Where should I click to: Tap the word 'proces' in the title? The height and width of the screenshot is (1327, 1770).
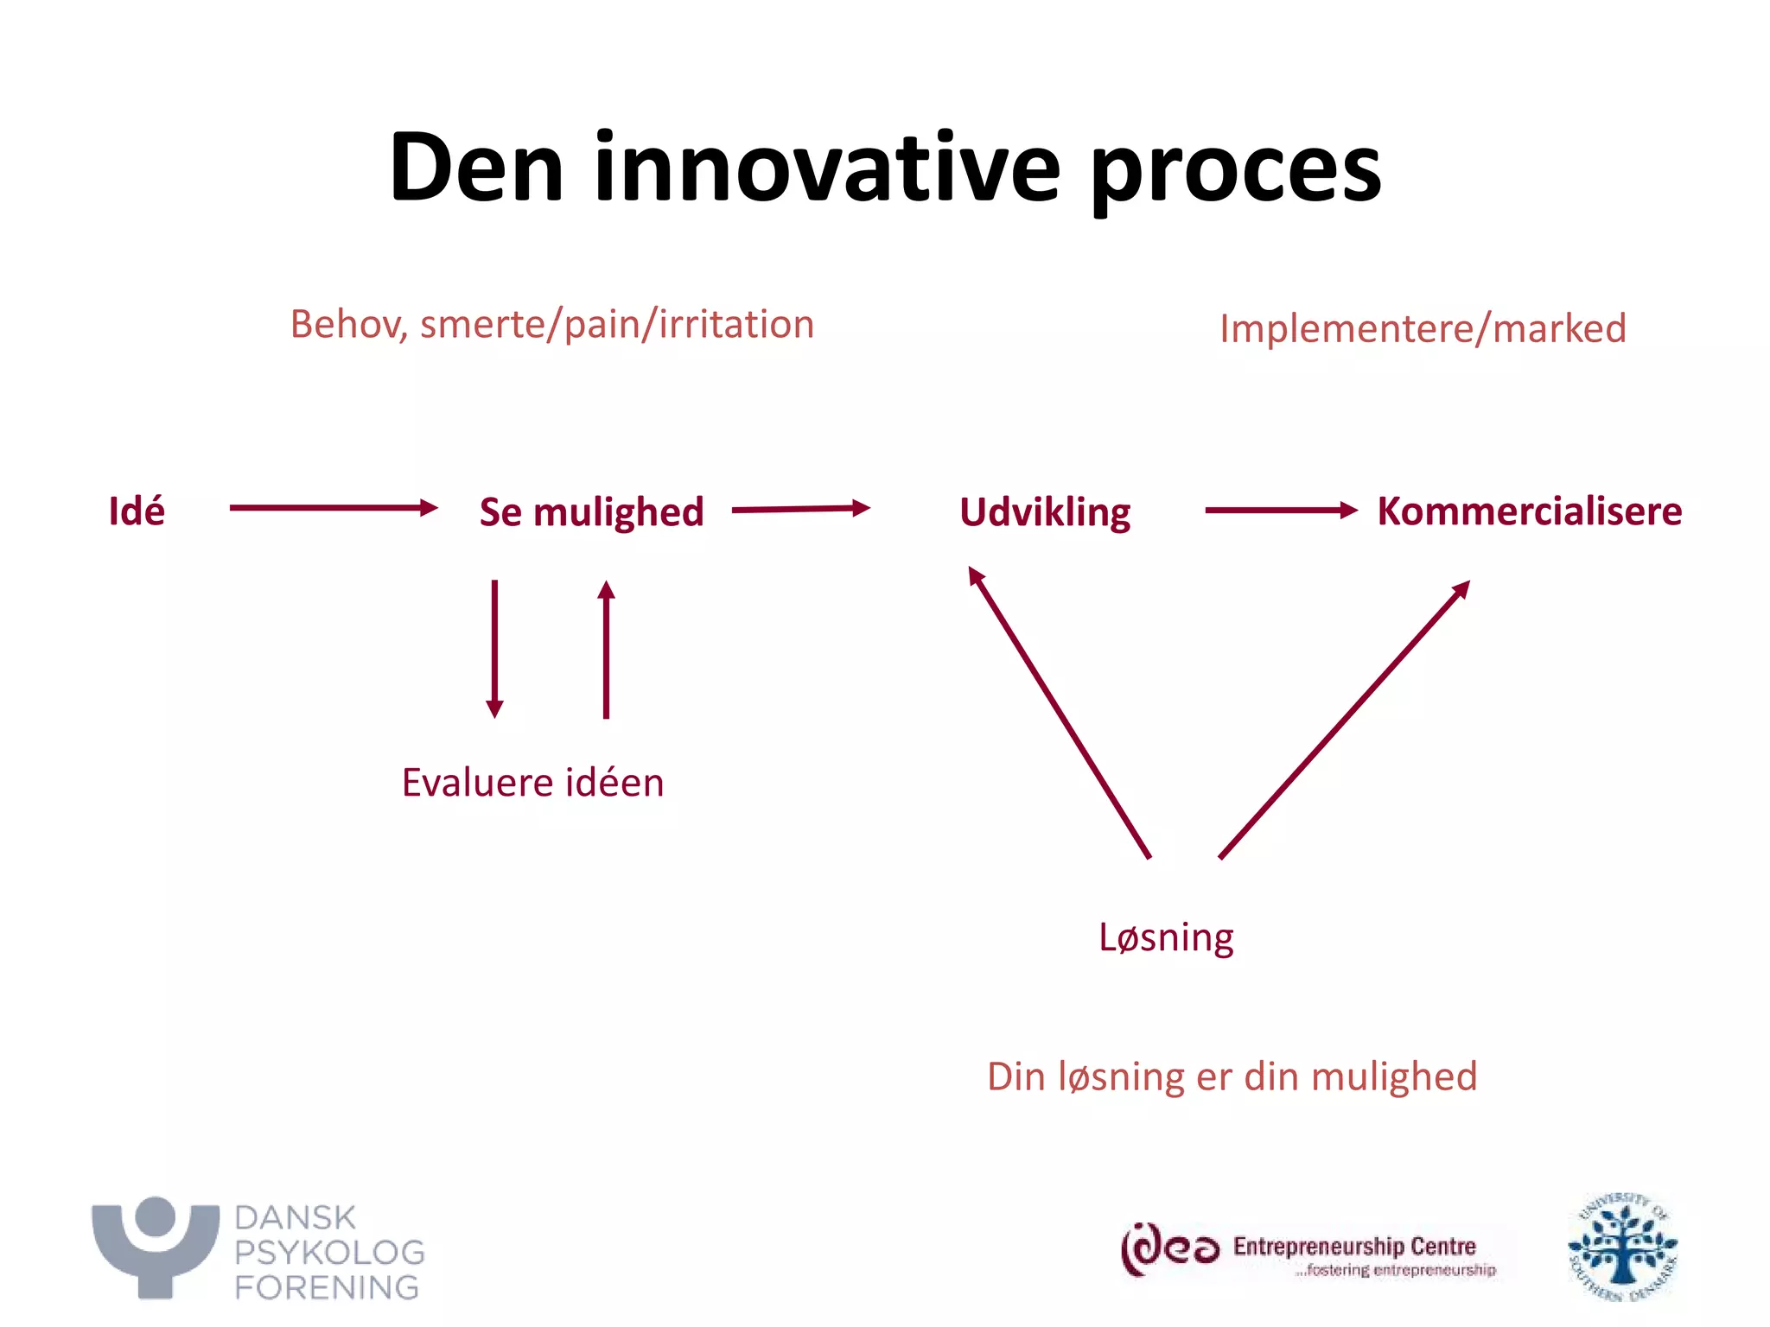(1235, 170)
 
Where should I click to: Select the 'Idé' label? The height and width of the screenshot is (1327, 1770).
(137, 511)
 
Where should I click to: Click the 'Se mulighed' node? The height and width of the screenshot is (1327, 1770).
(591, 511)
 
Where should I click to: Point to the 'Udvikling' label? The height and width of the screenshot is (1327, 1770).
(1045, 512)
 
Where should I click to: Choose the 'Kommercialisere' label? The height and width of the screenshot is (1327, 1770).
(1529, 511)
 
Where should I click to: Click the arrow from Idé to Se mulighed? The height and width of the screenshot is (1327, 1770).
(333, 508)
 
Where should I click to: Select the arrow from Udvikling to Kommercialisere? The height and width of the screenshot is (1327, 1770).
(1280, 511)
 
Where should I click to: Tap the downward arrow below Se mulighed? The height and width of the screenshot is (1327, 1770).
(494, 648)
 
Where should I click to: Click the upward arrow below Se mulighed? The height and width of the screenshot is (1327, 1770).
(607, 648)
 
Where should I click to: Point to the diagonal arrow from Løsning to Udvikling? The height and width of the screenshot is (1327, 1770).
(1060, 712)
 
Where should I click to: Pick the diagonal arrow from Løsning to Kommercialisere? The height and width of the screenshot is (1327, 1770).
(1344, 720)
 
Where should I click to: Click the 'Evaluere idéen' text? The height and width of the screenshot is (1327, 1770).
(532, 783)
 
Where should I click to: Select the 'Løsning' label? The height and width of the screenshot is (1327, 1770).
(1166, 937)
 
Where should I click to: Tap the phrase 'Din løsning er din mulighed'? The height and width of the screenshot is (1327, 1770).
(1232, 1077)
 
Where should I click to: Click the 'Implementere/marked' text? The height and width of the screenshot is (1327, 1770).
(1423, 328)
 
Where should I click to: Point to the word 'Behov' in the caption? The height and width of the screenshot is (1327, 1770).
(346, 325)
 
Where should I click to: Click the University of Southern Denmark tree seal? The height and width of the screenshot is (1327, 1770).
(1622, 1247)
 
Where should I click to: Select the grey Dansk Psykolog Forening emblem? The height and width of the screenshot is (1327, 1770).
(156, 1246)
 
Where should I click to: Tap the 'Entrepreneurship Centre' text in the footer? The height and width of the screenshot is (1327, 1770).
(1354, 1246)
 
